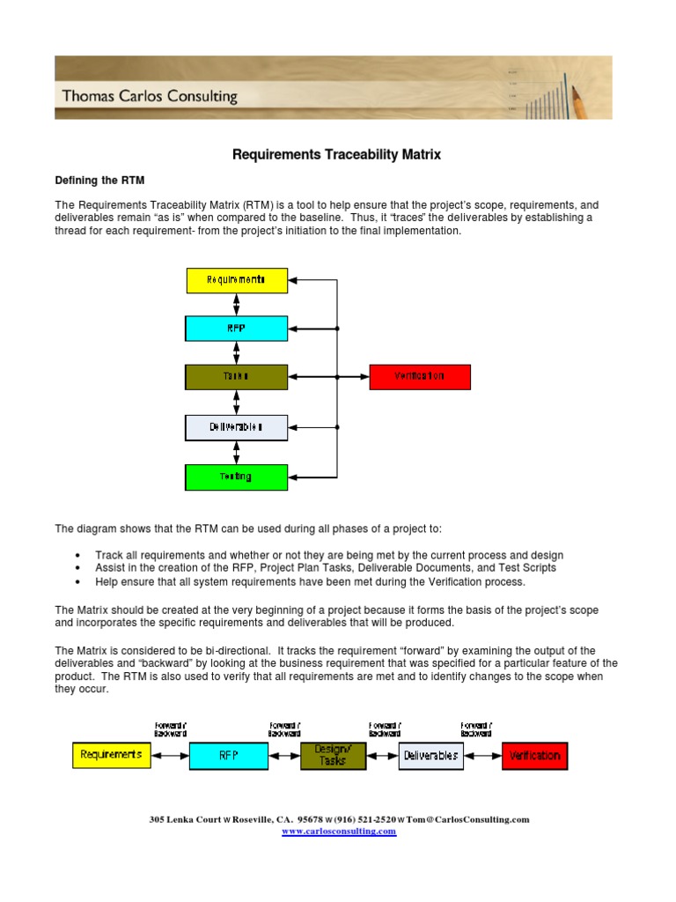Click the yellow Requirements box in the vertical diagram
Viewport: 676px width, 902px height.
[x=237, y=280]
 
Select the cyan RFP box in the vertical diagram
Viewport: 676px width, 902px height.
[x=236, y=329]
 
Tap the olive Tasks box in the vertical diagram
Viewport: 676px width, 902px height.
[x=236, y=377]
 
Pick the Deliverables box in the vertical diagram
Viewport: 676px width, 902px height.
[x=236, y=427]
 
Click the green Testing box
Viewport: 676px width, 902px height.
[x=236, y=477]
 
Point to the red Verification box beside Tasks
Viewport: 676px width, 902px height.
[x=420, y=377]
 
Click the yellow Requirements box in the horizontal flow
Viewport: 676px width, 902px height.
[x=111, y=755]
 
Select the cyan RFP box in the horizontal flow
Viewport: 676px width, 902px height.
[x=228, y=755]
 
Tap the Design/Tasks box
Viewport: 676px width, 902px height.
[x=334, y=755]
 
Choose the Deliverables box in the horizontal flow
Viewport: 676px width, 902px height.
[x=430, y=755]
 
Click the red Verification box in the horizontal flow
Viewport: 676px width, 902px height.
[x=534, y=755]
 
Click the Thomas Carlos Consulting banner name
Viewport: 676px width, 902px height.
[x=150, y=96]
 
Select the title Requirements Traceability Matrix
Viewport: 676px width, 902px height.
[x=336, y=155]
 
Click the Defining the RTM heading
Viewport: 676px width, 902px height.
[x=99, y=180]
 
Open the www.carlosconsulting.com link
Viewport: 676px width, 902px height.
[x=339, y=832]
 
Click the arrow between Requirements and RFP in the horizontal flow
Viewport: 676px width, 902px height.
[x=170, y=755]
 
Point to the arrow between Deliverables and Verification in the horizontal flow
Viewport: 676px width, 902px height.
[x=483, y=755]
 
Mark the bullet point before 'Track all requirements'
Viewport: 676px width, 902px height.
[x=78, y=556]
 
